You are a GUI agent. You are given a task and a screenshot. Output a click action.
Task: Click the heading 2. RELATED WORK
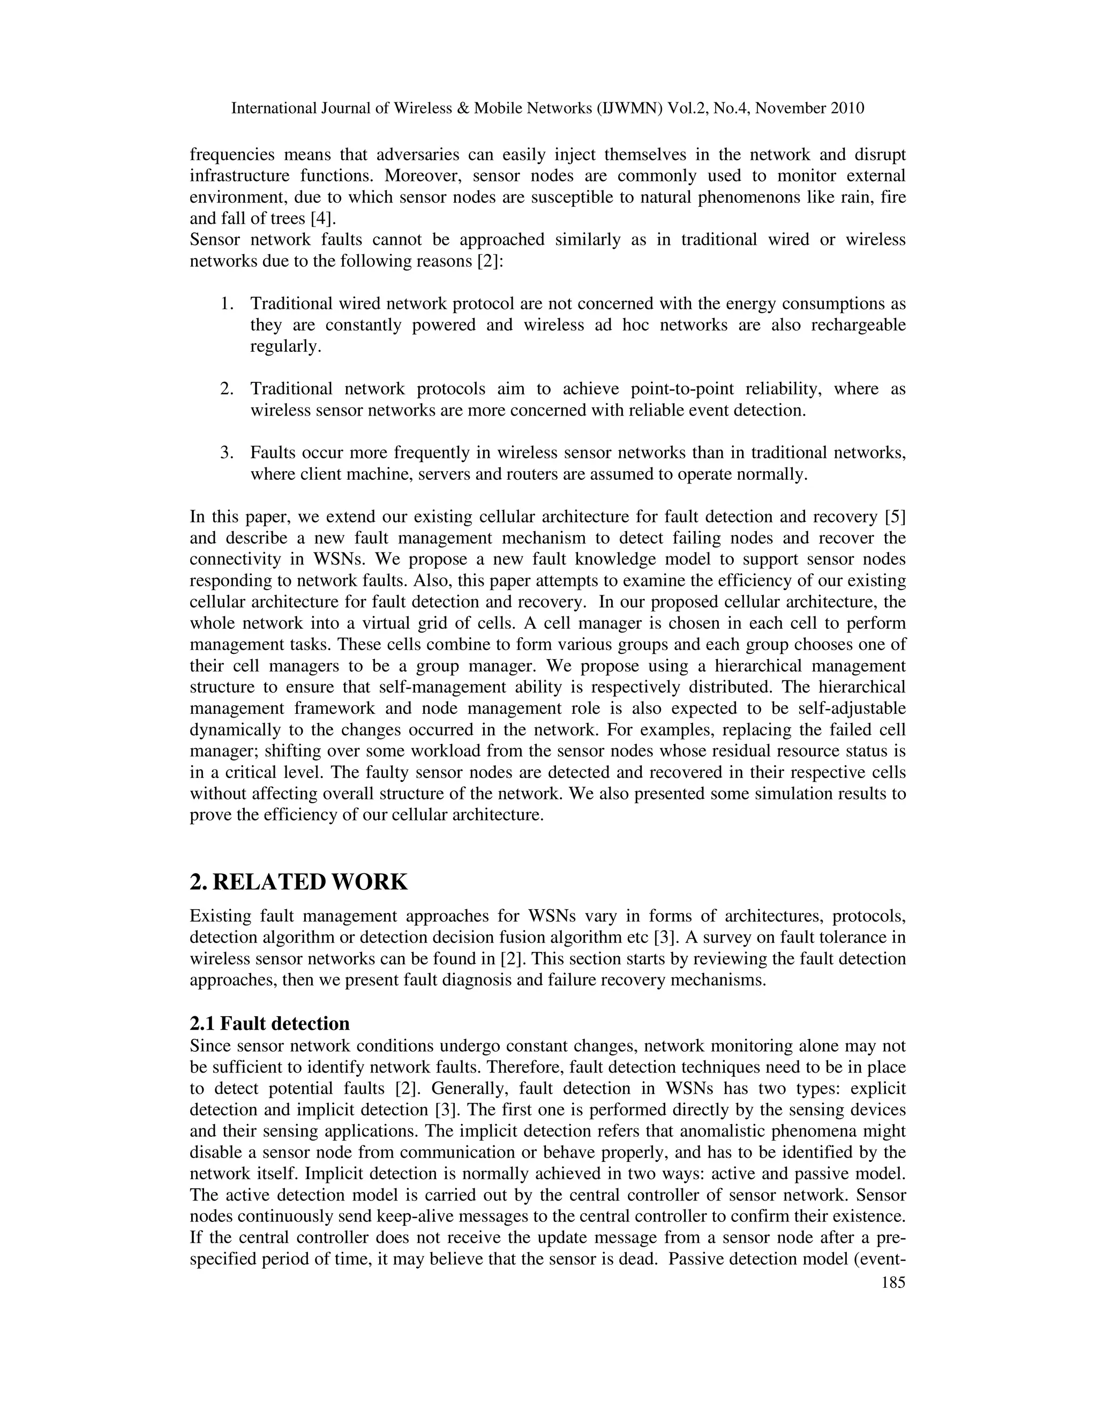click(298, 882)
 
